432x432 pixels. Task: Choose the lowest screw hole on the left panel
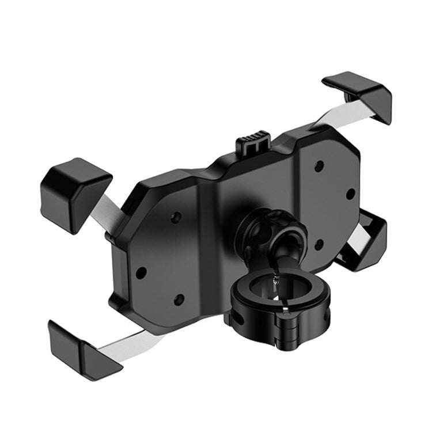[178, 299]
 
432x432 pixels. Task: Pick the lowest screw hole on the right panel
[317, 245]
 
